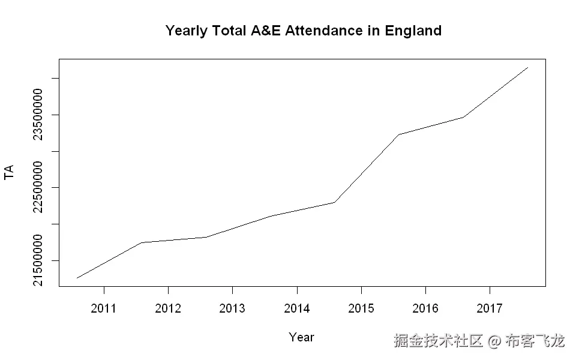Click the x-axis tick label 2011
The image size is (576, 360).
(104, 308)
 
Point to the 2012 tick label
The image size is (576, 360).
(168, 308)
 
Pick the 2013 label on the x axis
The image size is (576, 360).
(232, 308)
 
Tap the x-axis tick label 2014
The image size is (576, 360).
(297, 308)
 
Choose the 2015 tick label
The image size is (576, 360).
(361, 308)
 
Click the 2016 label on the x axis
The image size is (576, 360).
(425, 308)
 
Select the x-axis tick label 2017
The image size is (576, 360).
(490, 308)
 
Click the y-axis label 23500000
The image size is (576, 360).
(38, 115)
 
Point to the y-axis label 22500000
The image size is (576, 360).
(38, 188)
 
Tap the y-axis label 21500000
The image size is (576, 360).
(38, 260)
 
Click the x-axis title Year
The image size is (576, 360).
(301, 337)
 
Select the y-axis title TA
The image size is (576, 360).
(9, 173)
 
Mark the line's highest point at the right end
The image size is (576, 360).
(527, 67)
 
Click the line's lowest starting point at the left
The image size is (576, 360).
(77, 278)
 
